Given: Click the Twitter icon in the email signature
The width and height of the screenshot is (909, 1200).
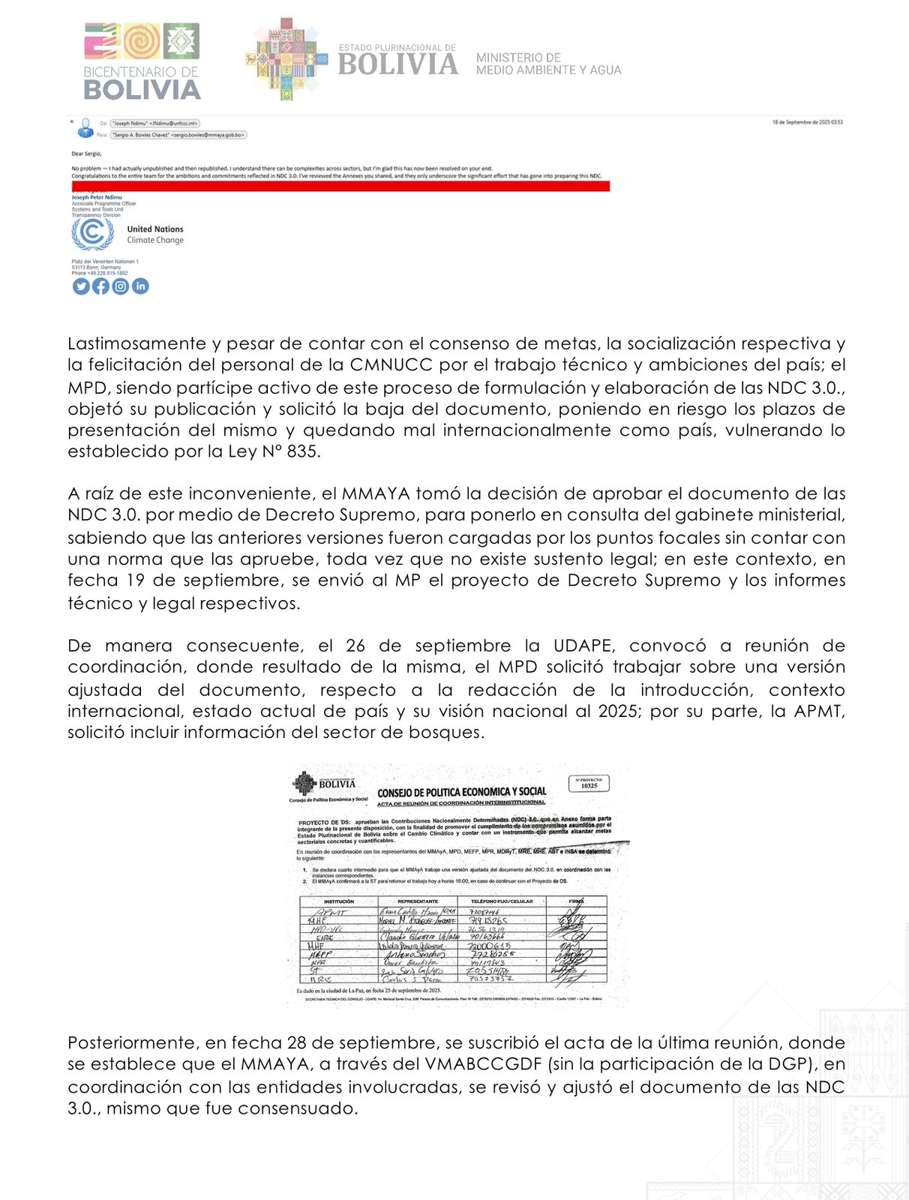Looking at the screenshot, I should (x=81, y=286).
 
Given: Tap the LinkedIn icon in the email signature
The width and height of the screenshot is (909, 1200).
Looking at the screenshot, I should (x=140, y=286).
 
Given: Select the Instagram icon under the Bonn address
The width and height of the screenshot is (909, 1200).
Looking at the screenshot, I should (x=121, y=286).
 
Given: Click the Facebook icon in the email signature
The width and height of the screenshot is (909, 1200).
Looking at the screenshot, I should (x=100, y=286).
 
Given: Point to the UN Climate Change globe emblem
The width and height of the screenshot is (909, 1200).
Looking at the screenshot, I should (x=92, y=234).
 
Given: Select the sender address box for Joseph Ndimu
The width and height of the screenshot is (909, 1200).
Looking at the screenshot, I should (x=155, y=122).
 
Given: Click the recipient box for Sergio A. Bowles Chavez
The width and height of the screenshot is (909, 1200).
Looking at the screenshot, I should (x=178, y=135).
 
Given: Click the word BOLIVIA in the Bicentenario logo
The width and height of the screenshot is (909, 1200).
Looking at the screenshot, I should (x=142, y=90).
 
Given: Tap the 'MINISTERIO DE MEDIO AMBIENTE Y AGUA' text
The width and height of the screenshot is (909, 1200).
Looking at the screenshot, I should (x=549, y=64).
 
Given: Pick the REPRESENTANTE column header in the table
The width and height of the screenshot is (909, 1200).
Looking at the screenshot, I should (x=421, y=901).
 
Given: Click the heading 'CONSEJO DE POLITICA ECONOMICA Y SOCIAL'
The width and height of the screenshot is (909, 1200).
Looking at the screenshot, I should (x=461, y=791).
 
